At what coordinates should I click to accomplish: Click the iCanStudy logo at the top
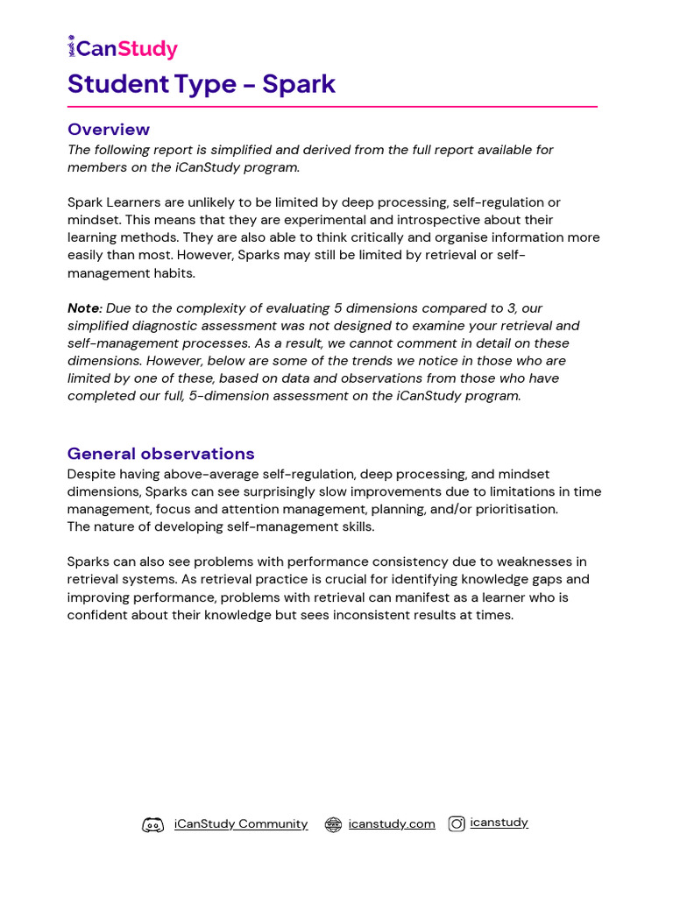pyautogui.click(x=123, y=48)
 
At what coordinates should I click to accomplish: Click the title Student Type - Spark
pyautogui.click(x=202, y=84)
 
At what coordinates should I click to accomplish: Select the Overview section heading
pyautogui.click(x=109, y=130)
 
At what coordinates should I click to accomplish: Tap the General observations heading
pyautogui.click(x=161, y=454)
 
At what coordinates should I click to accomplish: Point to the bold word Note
pyautogui.click(x=83, y=308)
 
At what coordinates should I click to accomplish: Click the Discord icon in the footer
pyautogui.click(x=153, y=824)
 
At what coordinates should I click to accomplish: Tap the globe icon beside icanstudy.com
pyautogui.click(x=333, y=824)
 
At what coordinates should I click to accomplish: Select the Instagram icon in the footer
pyautogui.click(x=457, y=823)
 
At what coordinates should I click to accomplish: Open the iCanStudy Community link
pyautogui.click(x=241, y=824)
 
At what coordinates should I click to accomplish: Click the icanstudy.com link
pyautogui.click(x=392, y=824)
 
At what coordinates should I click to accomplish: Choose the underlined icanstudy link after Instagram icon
pyautogui.click(x=499, y=823)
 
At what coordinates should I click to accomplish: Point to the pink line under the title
pyautogui.click(x=332, y=107)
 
